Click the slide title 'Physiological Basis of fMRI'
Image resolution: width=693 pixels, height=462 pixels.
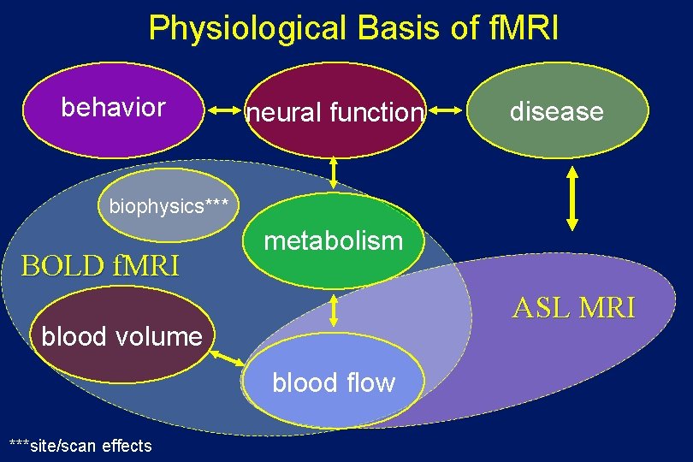coord(353,27)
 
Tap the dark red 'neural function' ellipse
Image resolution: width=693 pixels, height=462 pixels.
coord(335,111)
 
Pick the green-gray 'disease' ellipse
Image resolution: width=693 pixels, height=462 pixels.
coord(556,111)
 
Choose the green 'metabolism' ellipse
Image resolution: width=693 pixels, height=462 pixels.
coord(333,241)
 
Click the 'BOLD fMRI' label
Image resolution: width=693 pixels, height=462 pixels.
coord(100,266)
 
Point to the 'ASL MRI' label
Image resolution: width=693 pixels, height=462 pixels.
coord(573,307)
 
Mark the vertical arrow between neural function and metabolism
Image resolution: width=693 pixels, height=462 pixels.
coord(334,175)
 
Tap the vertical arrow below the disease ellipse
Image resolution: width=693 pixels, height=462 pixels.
coord(572,199)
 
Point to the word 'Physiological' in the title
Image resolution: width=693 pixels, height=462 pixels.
coord(248,27)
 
